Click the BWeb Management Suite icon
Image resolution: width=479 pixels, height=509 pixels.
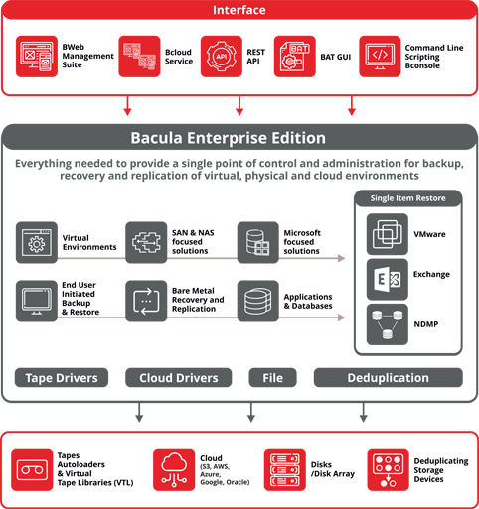(37, 57)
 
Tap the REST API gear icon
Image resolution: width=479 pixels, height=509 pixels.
(222, 57)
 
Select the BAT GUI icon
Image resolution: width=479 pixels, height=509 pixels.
(295, 57)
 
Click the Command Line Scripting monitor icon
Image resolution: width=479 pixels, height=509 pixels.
(380, 57)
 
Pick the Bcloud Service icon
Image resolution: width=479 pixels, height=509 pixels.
(139, 57)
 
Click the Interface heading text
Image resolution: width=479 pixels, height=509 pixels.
(239, 10)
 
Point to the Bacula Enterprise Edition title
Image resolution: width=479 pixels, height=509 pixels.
(228, 138)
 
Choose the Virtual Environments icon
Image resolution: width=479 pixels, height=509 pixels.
(37, 242)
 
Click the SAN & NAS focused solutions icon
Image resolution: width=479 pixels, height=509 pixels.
(146, 242)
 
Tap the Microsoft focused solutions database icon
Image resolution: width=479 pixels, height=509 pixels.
(258, 242)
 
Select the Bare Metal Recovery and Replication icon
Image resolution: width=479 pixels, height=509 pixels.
(146, 301)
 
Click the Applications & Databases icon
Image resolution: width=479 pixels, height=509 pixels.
(258, 301)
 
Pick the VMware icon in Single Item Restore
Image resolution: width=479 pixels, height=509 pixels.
(388, 234)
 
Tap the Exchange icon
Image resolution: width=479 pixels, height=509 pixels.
(388, 280)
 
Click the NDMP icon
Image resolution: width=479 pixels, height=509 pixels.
(388, 324)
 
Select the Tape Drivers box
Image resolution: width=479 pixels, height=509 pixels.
(62, 377)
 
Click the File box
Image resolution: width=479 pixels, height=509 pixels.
(272, 377)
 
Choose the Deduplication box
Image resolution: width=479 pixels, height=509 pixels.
(389, 377)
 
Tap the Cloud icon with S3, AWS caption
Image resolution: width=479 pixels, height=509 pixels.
(174, 470)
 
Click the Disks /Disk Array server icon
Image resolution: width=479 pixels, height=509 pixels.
(285, 470)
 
